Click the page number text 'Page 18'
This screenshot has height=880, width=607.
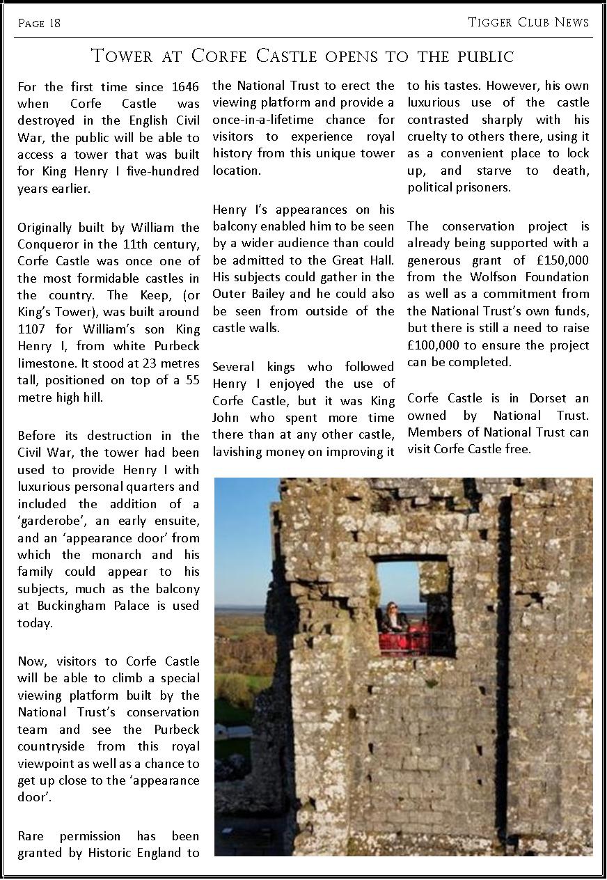[x=39, y=24]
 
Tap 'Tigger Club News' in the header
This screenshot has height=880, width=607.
[x=528, y=22]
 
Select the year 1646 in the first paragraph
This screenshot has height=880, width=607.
[x=184, y=87]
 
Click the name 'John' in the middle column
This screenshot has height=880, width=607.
[x=227, y=418]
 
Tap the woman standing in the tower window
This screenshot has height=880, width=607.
[x=391, y=617]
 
